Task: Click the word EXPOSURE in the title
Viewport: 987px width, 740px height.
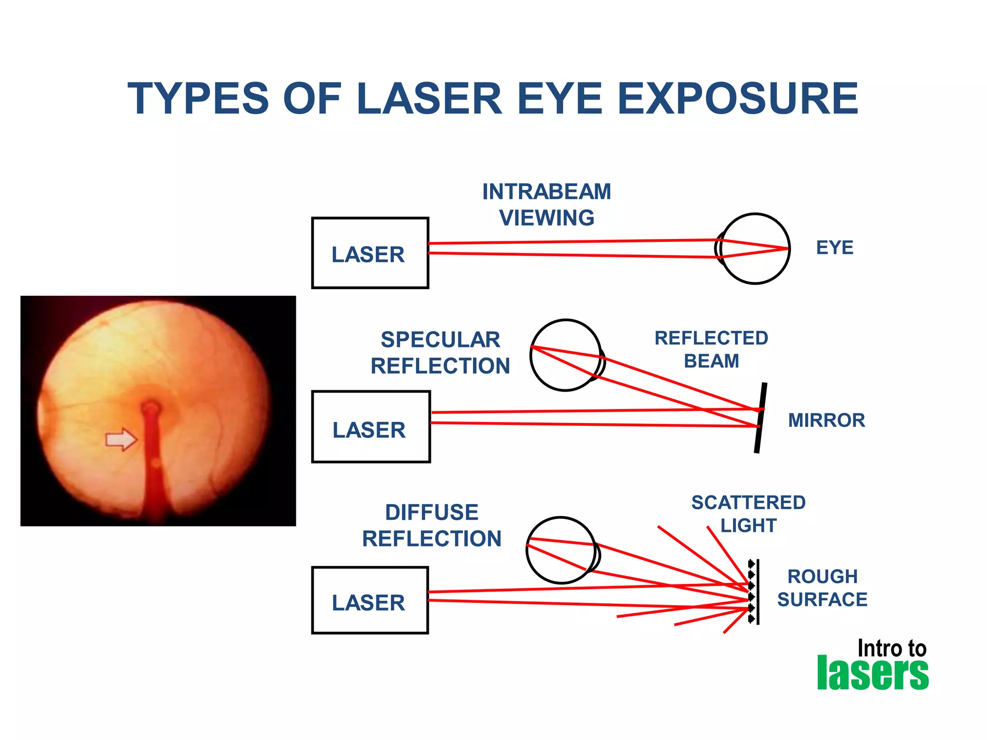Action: click(x=737, y=99)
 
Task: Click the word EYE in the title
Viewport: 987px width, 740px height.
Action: click(x=560, y=99)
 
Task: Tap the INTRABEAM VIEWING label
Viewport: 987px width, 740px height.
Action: click(x=547, y=205)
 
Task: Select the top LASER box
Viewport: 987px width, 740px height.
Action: click(x=370, y=253)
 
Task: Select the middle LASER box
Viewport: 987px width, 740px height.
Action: click(x=371, y=427)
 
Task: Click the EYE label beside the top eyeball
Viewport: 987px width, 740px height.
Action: click(x=834, y=248)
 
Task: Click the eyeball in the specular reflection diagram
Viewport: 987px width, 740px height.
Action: click(x=566, y=355)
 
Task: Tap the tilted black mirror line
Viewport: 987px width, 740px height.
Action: click(x=760, y=418)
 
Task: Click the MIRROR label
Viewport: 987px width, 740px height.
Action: click(x=826, y=420)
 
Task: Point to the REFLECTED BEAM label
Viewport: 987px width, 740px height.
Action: click(x=711, y=349)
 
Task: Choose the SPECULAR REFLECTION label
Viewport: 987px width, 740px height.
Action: click(x=440, y=353)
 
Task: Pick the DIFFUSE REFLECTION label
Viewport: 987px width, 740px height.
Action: click(x=431, y=526)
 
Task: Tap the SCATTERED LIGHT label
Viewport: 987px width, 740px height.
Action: click(x=748, y=514)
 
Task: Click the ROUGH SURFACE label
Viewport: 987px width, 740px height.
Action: click(x=822, y=588)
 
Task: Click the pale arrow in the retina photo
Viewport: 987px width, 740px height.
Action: click(x=121, y=439)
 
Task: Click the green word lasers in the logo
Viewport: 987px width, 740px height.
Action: click(x=872, y=673)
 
